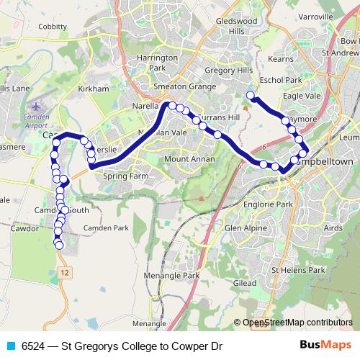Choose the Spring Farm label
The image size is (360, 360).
125,175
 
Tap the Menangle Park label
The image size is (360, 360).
171,275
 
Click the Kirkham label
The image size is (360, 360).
94,88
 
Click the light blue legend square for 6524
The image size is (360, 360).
11,346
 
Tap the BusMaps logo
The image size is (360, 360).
326,346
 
